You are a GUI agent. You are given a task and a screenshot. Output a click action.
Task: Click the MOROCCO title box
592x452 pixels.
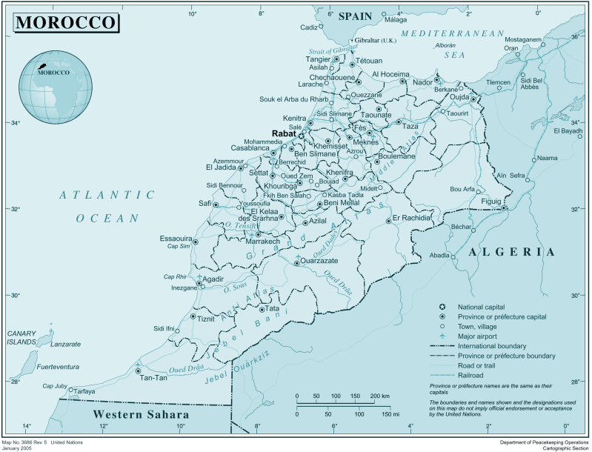pyautogui.click(x=65, y=22)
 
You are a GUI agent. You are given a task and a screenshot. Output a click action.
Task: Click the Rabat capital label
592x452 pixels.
pyautogui.click(x=284, y=133)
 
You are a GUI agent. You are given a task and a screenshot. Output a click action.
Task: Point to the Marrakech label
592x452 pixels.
pyautogui.click(x=263, y=242)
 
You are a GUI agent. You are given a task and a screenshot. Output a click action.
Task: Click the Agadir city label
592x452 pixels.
pyautogui.click(x=213, y=279)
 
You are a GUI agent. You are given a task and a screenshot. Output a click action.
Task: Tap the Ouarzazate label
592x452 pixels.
pyautogui.click(x=319, y=261)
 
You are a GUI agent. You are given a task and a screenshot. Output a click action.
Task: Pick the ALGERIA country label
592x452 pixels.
pyautogui.click(x=511, y=252)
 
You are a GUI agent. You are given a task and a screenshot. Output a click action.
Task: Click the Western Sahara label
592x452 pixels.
pyautogui.click(x=141, y=414)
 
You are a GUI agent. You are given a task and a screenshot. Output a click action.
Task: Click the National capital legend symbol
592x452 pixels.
pyautogui.click(x=442, y=307)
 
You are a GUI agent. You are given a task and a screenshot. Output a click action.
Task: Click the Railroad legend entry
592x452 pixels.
pyautogui.click(x=472, y=375)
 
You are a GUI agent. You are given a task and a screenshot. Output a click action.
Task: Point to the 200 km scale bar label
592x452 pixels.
pyautogui.click(x=379, y=396)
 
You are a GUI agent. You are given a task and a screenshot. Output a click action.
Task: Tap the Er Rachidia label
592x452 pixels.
pyautogui.click(x=412, y=218)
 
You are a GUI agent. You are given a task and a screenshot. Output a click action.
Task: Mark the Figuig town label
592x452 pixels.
pyautogui.click(x=491, y=201)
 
